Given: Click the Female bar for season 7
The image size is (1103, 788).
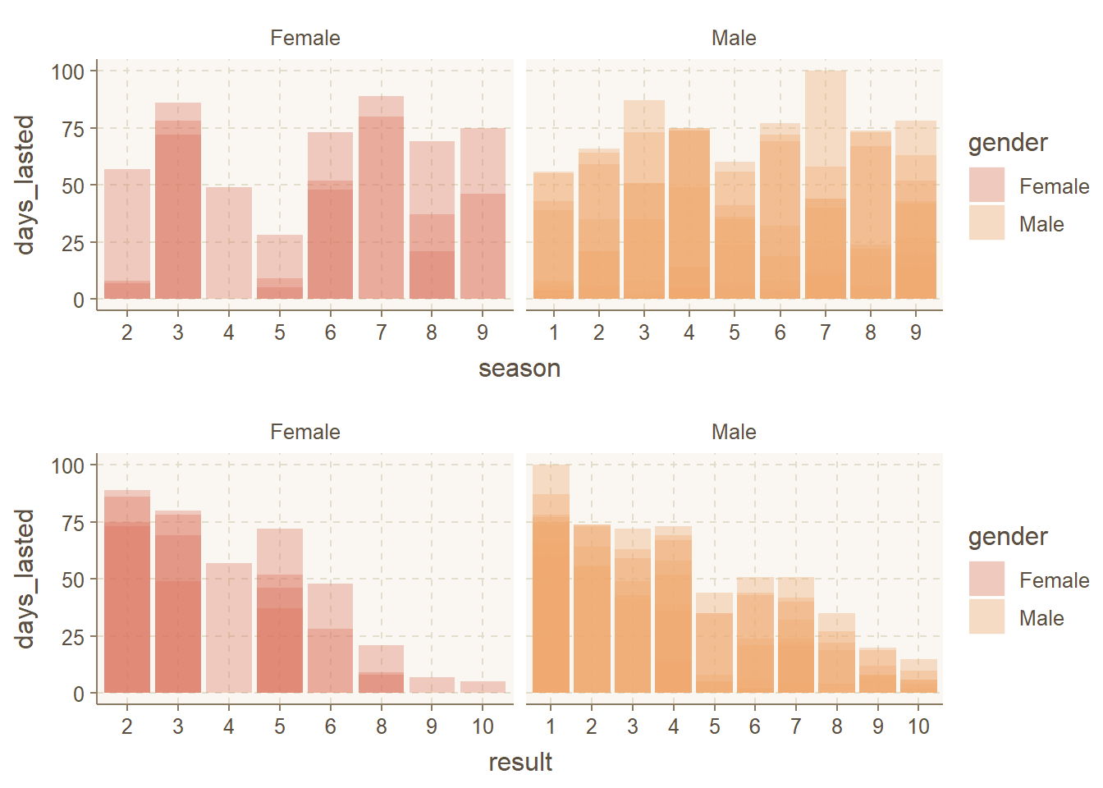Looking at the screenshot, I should [x=381, y=197].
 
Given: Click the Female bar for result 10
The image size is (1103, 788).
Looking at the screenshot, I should [x=483, y=688].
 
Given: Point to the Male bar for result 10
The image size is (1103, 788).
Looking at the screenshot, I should [x=918, y=677].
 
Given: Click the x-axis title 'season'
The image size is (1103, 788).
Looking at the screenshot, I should [x=519, y=369].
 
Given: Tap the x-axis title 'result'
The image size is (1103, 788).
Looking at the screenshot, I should [x=519, y=763].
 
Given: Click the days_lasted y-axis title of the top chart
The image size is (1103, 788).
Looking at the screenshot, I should [x=25, y=185].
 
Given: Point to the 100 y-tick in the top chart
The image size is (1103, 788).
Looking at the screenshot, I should [x=68, y=71].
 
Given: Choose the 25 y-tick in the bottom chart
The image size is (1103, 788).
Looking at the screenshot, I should [x=73, y=637].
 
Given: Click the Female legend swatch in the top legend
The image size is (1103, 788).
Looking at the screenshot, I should [x=986, y=186].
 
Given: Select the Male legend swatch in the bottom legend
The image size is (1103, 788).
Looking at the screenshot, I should [x=986, y=617].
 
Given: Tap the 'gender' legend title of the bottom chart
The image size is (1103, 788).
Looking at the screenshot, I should [x=1008, y=537].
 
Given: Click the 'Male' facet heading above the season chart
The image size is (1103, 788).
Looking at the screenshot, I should [x=734, y=38].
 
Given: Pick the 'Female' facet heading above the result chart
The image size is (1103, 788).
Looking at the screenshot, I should [x=305, y=432].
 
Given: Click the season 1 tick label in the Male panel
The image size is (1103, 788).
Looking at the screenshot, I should [x=554, y=332].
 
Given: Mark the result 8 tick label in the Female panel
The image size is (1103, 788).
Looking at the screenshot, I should [x=382, y=726].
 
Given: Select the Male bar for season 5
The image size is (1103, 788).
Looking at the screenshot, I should [x=735, y=231].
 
